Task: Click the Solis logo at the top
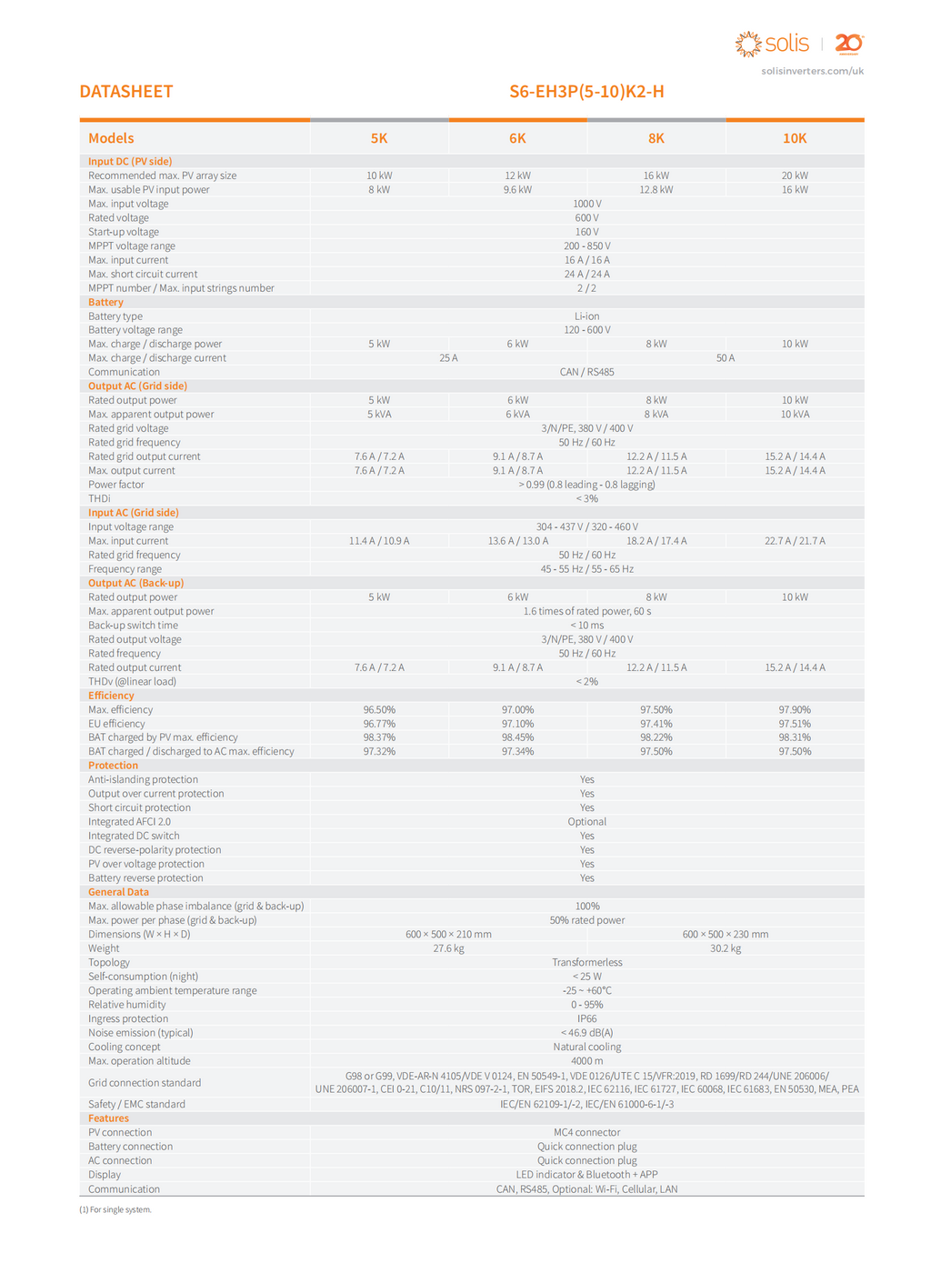click(772, 44)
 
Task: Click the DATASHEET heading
click(125, 92)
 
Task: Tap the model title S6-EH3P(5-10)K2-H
click(586, 92)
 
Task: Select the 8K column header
click(656, 138)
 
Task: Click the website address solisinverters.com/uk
click(812, 71)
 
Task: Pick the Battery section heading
click(105, 302)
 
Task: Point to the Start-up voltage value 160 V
click(586, 232)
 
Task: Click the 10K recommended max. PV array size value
click(794, 175)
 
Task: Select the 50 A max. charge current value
click(725, 358)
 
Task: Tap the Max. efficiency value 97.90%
click(794, 709)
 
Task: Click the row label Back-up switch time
click(133, 626)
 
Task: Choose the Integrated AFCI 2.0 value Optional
click(586, 822)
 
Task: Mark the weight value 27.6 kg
click(448, 948)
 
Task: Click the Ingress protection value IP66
click(586, 1018)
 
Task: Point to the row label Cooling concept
click(124, 1047)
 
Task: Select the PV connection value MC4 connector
click(586, 1132)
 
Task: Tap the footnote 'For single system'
click(115, 1209)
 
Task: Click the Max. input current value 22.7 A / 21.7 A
click(794, 541)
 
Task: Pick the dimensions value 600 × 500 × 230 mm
click(725, 934)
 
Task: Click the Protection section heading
click(113, 766)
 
